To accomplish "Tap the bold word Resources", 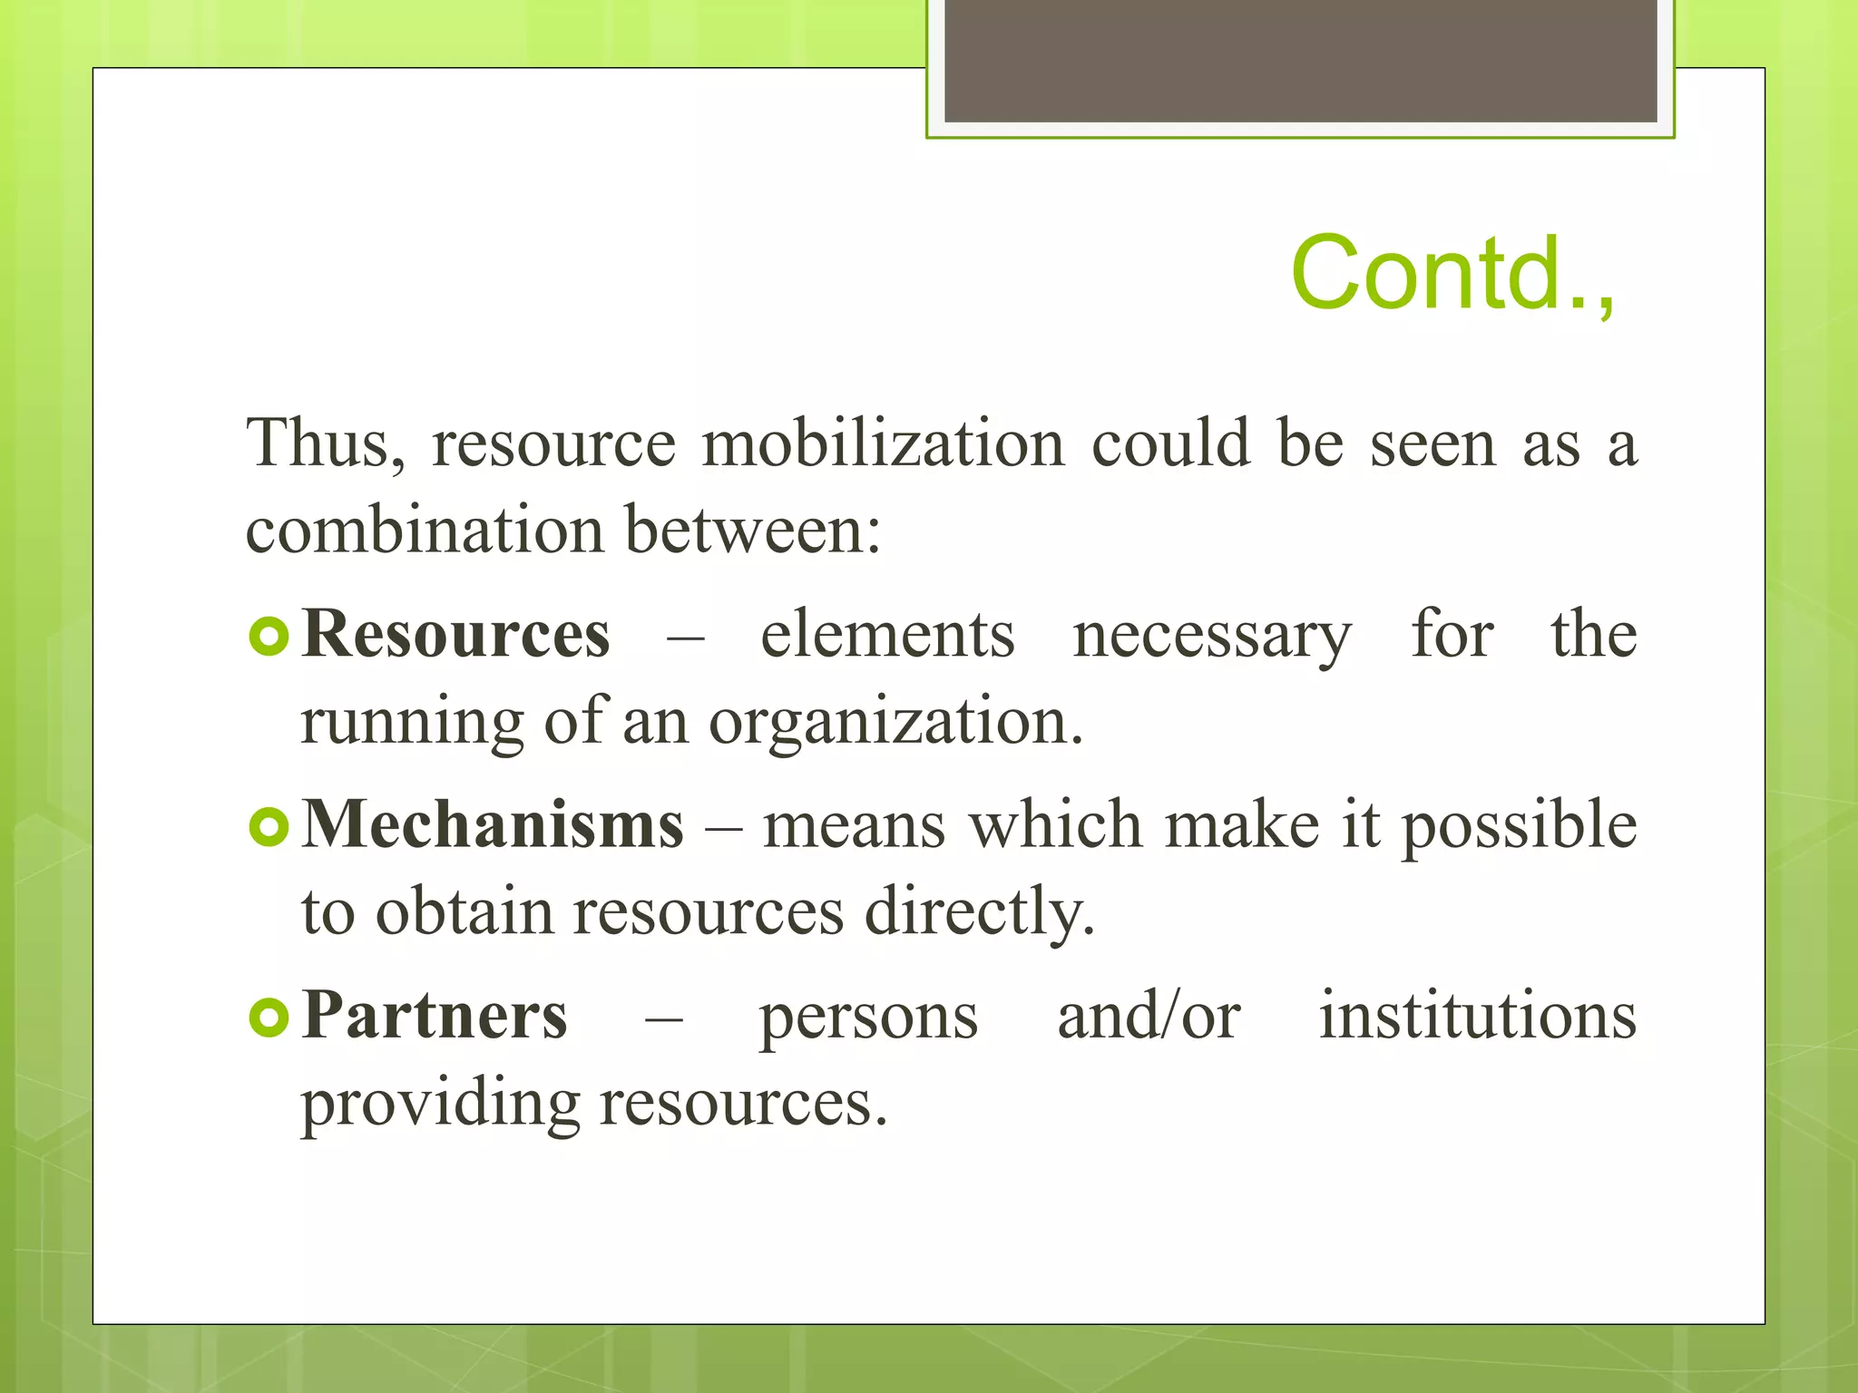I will (456, 634).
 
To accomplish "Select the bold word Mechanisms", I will (493, 825).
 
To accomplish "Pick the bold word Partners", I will (435, 1016).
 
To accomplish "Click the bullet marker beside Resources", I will (269, 636).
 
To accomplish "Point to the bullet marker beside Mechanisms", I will (269, 826).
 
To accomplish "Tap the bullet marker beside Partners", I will (269, 1018).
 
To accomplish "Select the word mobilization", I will (883, 444).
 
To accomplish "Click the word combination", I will (425, 531).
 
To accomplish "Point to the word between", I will (752, 531).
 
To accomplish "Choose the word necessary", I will (1212, 636).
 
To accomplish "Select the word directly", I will (980, 912).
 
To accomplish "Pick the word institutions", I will (1478, 1016).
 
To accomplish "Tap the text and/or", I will (1149, 1016).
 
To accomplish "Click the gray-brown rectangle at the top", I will (1300, 60).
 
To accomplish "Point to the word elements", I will (887, 634).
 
